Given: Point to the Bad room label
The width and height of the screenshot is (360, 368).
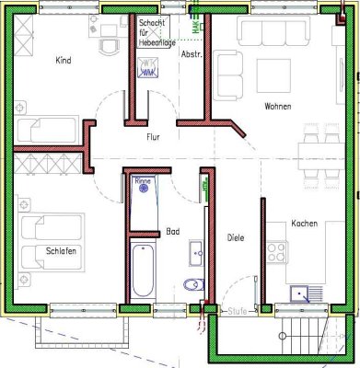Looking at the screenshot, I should click(x=173, y=232).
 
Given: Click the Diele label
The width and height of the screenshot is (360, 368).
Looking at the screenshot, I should click(x=237, y=238).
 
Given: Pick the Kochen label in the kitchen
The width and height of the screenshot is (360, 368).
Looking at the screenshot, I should click(x=305, y=224).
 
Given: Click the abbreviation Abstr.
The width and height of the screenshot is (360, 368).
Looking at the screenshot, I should click(x=191, y=54).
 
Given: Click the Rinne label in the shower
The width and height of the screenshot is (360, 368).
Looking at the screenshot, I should click(x=143, y=182).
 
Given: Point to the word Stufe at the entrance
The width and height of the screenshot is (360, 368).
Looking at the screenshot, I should click(x=238, y=311).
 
